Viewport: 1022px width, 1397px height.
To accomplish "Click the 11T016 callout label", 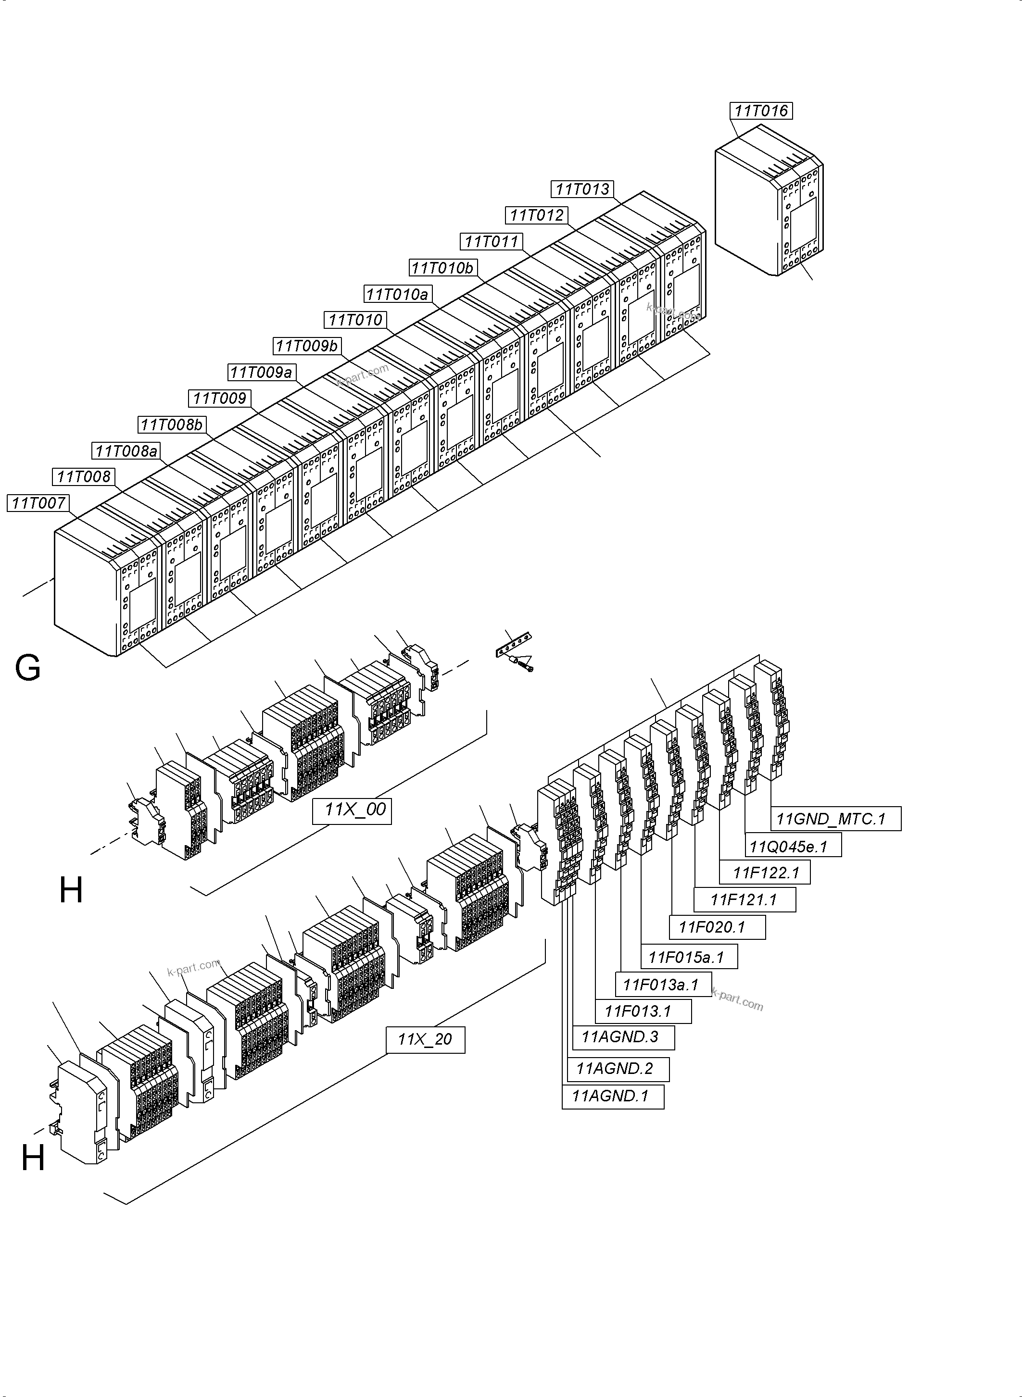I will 761,111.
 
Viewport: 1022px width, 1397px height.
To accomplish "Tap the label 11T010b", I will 442,268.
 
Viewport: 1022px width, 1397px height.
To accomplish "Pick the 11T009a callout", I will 261,372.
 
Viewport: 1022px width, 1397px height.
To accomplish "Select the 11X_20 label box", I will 425,1039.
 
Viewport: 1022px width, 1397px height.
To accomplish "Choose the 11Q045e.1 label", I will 793,846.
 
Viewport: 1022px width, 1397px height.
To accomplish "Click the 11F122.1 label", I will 766,873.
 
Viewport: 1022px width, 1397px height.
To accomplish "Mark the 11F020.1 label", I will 717,927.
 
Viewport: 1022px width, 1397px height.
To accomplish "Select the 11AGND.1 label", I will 612,1096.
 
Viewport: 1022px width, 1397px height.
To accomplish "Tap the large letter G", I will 28,669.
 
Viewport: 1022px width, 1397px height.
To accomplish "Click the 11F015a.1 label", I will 688,957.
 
